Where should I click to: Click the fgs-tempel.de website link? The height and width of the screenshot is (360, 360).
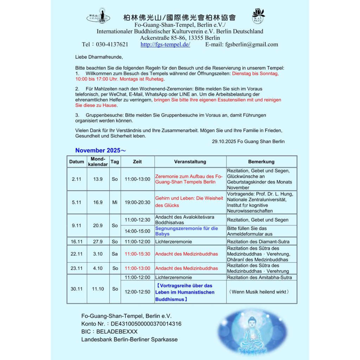[165, 45]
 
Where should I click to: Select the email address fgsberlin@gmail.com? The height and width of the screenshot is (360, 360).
[251, 45]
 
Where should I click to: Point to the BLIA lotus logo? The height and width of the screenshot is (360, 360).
[258, 16]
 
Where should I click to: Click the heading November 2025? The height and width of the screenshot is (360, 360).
[100, 150]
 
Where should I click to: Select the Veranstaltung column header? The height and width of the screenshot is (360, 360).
[190, 162]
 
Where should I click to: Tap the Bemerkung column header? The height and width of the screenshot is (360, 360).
[261, 162]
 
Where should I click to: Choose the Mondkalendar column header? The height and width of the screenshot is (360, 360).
[98, 162]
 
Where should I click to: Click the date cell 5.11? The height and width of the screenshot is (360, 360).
[76, 202]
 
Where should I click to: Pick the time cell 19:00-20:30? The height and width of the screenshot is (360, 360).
[137, 202]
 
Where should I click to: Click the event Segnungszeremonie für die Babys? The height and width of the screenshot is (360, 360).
[187, 231]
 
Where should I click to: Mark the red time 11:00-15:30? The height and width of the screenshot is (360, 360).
[137, 254]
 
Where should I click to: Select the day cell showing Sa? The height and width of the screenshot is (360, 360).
[115, 254]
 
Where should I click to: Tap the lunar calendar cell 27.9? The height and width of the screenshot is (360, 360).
[98, 242]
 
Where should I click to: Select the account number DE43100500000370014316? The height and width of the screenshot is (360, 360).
[146, 324]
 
